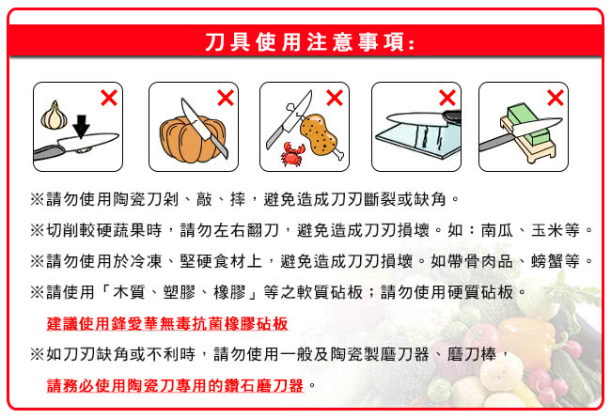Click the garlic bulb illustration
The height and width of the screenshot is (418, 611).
point(55,116)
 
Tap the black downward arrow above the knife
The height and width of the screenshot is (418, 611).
point(81,127)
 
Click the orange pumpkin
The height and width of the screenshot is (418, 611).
point(192,139)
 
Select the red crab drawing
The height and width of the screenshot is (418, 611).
point(292,155)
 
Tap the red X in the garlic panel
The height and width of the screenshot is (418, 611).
point(109,98)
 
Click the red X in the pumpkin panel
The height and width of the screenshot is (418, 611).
point(226,98)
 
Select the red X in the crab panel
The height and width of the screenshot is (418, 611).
point(335,98)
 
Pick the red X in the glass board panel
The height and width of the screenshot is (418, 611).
point(446,98)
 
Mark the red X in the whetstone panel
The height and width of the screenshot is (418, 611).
point(555,98)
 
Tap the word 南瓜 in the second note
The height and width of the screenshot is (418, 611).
point(497,230)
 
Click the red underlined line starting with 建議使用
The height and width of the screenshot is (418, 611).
point(167,323)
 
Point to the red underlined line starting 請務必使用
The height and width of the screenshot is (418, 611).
point(175,385)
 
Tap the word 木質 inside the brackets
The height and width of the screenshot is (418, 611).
point(129,292)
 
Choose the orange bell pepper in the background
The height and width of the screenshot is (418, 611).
point(527,338)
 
